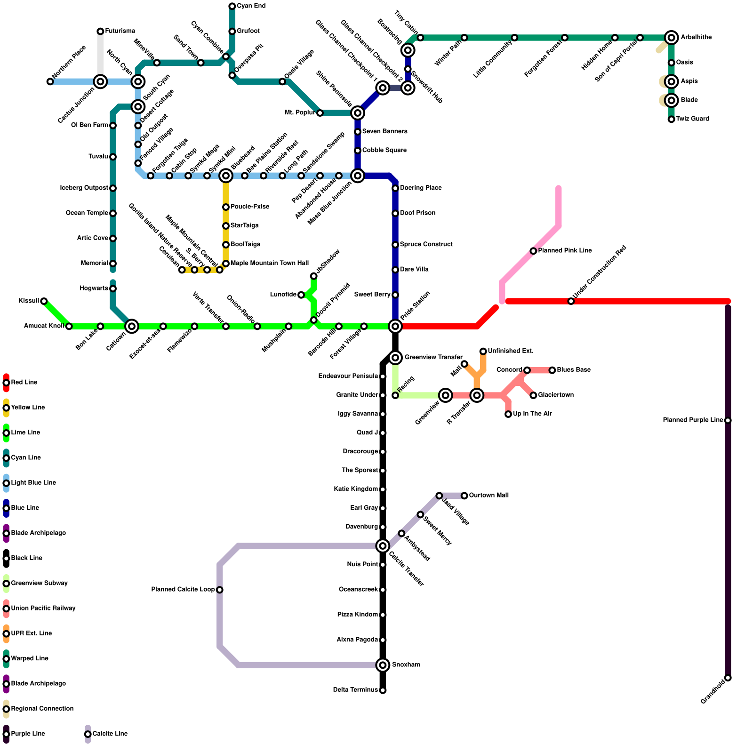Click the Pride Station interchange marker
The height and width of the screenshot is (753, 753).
pyautogui.click(x=395, y=326)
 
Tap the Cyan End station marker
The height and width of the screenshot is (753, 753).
pyautogui.click(x=232, y=6)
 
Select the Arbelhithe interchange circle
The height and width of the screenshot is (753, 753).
pyautogui.click(x=672, y=38)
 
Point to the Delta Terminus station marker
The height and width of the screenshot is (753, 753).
pyautogui.click(x=383, y=690)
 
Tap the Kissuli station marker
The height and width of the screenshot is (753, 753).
pyautogui.click(x=44, y=301)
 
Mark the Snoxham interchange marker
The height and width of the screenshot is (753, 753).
pyautogui.click(x=383, y=665)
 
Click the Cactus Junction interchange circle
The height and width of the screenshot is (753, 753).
pyautogui.click(x=100, y=82)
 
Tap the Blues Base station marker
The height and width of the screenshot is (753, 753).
pyautogui.click(x=552, y=370)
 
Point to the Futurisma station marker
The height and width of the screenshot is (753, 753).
pyautogui.click(x=100, y=32)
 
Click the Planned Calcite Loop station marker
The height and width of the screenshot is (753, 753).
pyautogui.click(x=220, y=590)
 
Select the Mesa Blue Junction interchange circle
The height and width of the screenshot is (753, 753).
pyautogui.click(x=358, y=176)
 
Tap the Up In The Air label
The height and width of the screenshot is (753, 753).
pyautogui.click(x=532, y=414)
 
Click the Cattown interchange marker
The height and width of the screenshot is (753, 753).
pyautogui.click(x=132, y=326)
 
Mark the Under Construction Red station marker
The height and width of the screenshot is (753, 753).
pyautogui.click(x=571, y=301)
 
